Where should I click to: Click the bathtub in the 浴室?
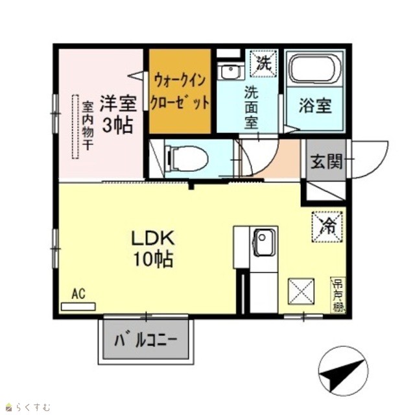coord(314,69)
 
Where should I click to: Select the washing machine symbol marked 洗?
coord(263,64)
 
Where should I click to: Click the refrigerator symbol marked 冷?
coord(327,226)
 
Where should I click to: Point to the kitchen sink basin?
coord(264,243)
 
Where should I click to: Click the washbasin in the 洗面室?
coord(230,71)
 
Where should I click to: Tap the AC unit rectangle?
coord(78,307)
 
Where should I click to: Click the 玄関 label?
coord(327,161)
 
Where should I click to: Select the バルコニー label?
coord(145,340)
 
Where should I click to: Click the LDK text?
coord(153,238)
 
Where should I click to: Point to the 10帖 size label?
coord(153,259)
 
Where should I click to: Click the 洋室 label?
coord(118,104)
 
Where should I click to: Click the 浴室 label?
coord(315,106)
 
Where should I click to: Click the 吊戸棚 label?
coord(338,295)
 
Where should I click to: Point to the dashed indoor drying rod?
coord(75,126)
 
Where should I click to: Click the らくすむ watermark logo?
coord(28,407)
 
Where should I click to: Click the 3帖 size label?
coord(117,125)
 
